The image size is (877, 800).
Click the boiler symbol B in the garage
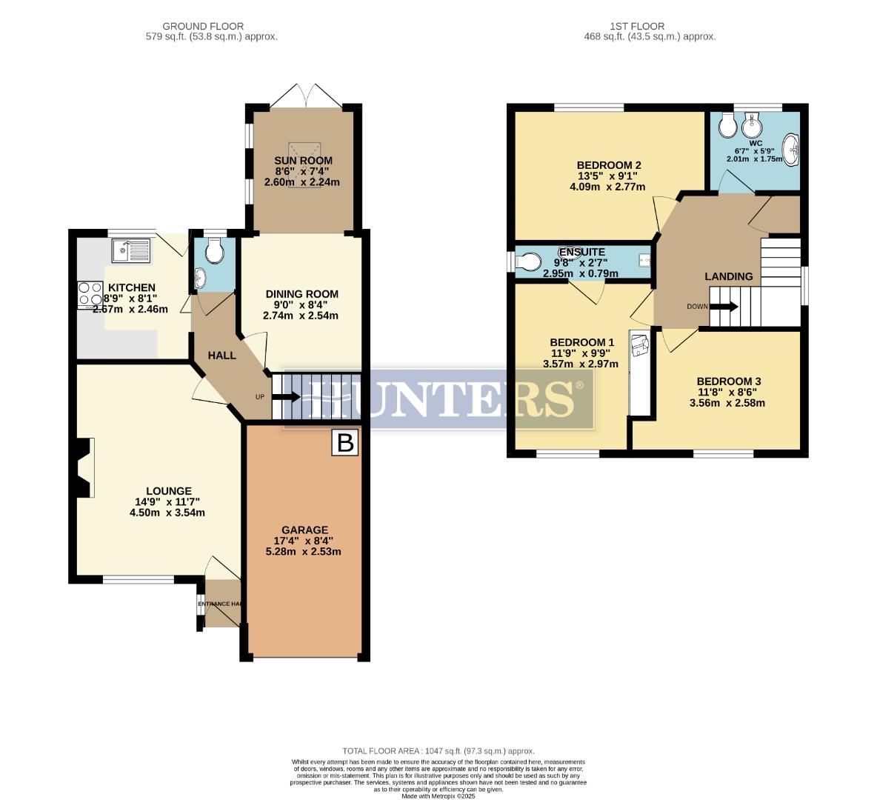344,443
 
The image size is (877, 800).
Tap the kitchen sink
130,251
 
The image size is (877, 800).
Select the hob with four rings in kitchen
90,294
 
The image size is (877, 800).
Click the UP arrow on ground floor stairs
284,397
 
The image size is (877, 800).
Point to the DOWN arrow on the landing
723,306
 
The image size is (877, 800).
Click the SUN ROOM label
303,161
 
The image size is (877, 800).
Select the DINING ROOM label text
301,293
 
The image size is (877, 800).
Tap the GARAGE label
307,530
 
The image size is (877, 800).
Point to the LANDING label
728,276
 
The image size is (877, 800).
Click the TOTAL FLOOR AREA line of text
438,750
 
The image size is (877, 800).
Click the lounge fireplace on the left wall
83,467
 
